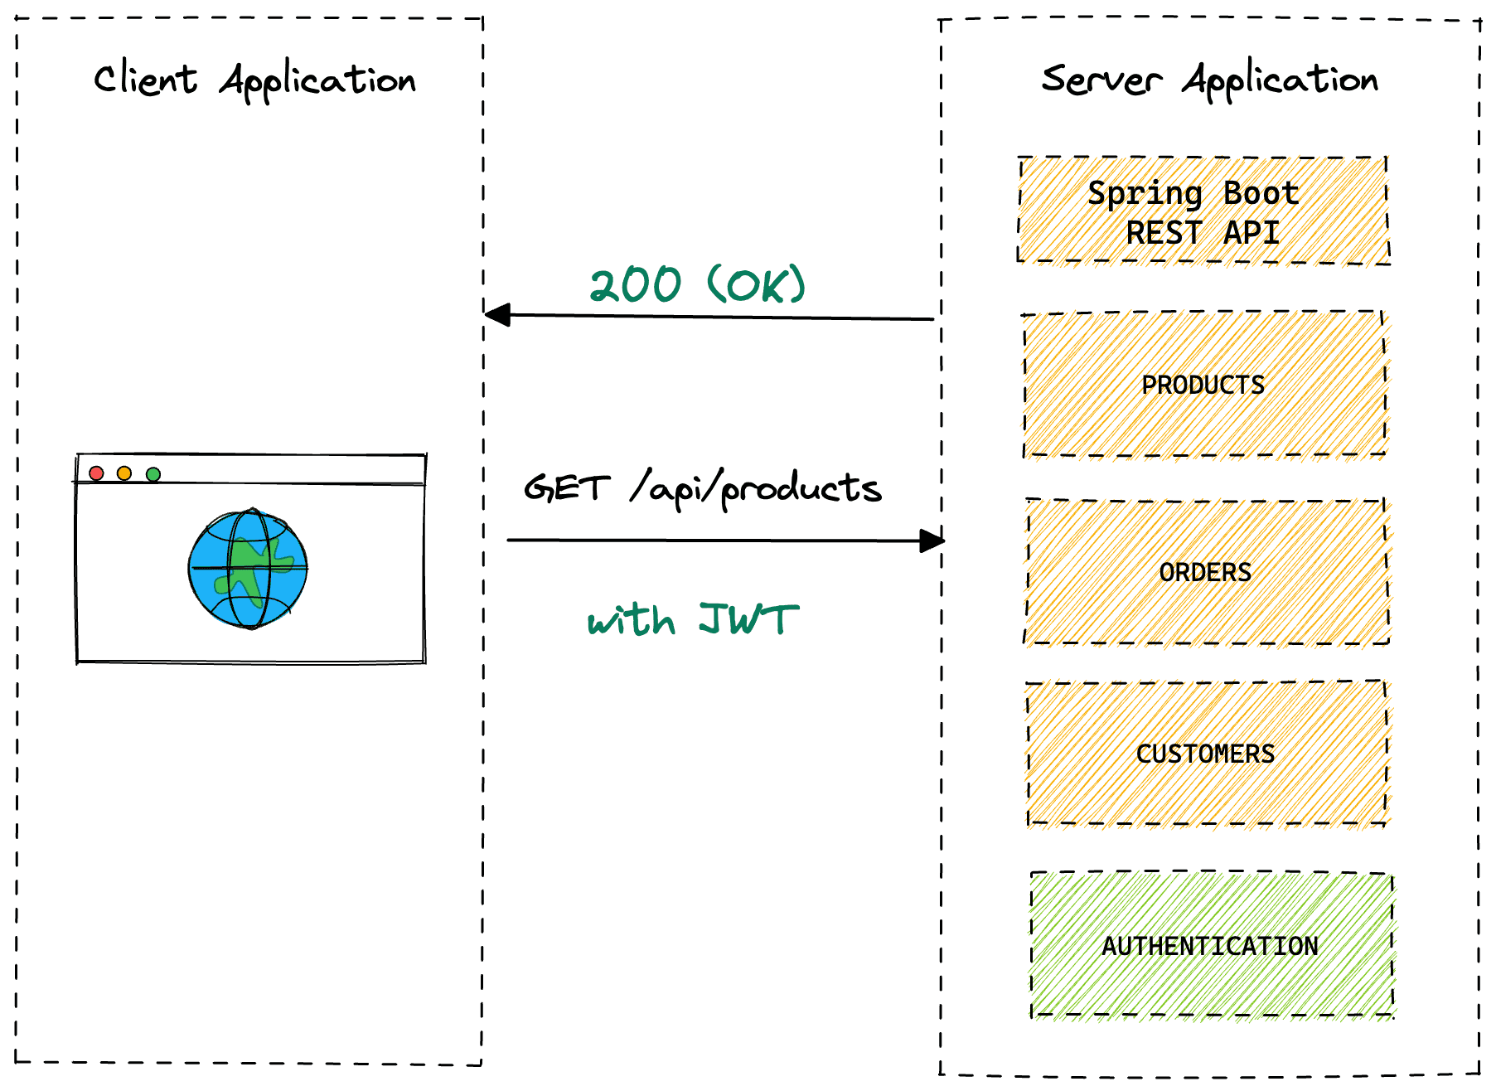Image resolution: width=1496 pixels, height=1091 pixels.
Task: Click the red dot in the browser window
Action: pos(96,473)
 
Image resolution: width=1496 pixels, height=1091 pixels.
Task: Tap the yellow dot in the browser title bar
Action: pos(124,473)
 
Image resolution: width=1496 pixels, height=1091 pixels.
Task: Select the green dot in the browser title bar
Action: pos(153,473)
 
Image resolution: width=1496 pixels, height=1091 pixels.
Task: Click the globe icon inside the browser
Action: pos(248,569)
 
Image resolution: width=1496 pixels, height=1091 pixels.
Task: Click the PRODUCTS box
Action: pos(1203,385)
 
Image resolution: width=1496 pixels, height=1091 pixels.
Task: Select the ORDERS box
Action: pos(1206,572)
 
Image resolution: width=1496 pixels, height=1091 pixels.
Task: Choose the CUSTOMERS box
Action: pos(1206,754)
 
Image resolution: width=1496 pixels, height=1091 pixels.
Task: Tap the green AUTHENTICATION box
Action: pos(1210,946)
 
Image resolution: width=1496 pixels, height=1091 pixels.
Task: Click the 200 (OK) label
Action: pos(697,285)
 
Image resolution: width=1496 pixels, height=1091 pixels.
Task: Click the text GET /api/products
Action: pos(703,488)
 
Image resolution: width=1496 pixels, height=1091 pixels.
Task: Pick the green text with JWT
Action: pos(693,620)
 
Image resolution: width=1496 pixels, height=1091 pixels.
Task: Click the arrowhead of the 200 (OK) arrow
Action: pos(497,315)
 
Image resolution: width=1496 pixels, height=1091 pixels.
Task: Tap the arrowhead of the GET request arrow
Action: pos(932,541)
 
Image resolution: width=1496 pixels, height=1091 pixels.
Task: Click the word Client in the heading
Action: pos(146,80)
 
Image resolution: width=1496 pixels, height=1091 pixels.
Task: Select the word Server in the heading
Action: pos(1101,80)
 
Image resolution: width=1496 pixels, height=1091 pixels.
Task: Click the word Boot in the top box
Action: pos(1261,193)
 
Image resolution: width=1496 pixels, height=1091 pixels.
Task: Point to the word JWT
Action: pos(748,618)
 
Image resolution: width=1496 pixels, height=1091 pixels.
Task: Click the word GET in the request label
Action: pos(567,488)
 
